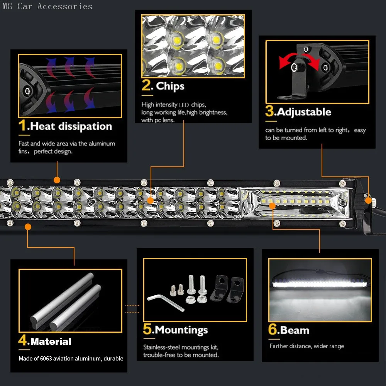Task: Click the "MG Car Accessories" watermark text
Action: click(47, 6)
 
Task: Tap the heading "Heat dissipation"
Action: click(71, 126)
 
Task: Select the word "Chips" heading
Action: click(170, 86)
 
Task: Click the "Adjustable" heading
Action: click(304, 112)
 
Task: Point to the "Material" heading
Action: click(51, 342)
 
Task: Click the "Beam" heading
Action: click(295, 330)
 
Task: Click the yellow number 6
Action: click(273, 330)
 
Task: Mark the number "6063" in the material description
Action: click(47, 359)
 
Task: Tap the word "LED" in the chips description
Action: click(184, 105)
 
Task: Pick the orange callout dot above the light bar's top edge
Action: click(57, 180)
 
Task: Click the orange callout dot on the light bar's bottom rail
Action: click(28, 227)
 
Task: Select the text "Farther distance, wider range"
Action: click(306, 346)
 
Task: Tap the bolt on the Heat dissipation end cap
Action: click(27, 91)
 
